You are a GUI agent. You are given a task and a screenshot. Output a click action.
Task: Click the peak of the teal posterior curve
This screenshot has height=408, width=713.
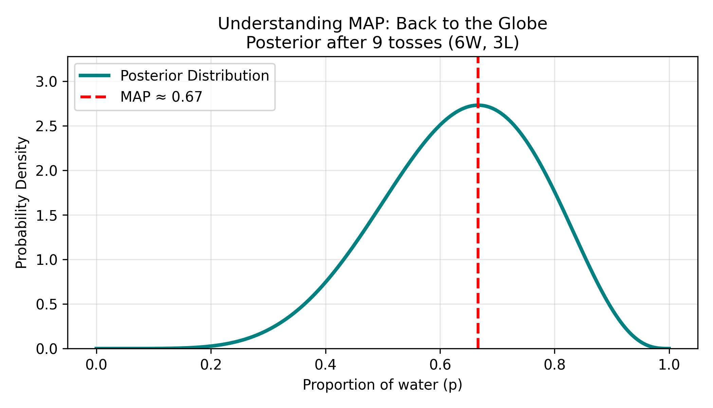click(478, 105)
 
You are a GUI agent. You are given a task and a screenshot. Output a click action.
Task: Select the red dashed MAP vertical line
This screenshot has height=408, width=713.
click(478, 238)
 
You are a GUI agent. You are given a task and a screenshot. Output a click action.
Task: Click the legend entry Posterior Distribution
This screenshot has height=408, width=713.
click(195, 76)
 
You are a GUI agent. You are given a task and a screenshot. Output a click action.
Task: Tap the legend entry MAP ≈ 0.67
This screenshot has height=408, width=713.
click(161, 97)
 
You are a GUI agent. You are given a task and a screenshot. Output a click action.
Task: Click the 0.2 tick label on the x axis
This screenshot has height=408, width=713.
click(211, 365)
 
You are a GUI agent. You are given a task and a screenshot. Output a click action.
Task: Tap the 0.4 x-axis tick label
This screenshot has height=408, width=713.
click(325, 365)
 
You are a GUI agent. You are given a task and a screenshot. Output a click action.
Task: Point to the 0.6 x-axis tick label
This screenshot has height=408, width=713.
click(440, 365)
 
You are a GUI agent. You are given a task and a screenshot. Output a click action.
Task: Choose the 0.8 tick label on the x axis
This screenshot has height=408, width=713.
click(554, 365)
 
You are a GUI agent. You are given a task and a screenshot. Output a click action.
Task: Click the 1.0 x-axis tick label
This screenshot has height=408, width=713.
click(669, 365)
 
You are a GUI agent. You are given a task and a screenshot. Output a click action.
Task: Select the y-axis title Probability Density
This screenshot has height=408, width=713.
click(21, 203)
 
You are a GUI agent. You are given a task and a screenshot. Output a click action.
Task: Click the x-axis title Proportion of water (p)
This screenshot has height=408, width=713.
click(382, 385)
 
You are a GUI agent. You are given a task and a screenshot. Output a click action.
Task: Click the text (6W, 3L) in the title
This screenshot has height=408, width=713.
click(483, 43)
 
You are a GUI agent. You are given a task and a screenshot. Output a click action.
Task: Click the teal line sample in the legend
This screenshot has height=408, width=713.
click(94, 76)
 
